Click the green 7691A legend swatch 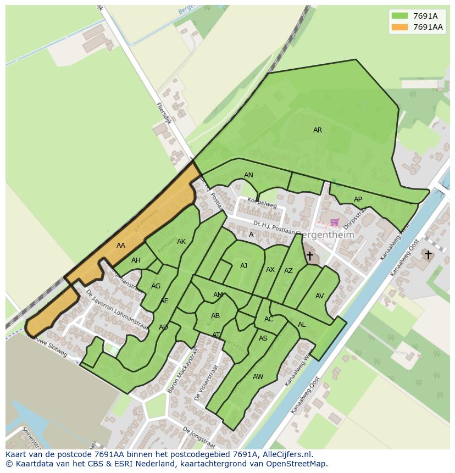[399, 16]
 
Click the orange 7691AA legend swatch [399, 27]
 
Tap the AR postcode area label [318, 130]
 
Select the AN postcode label [248, 175]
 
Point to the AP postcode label [358, 199]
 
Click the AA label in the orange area [121, 246]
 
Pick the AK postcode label [181, 242]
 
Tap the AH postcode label [136, 260]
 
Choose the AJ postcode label [243, 266]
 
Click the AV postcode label [319, 296]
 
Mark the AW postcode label [258, 377]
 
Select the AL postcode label [302, 325]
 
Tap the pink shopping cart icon [335, 222]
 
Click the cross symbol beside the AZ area [309, 256]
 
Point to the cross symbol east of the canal [428, 255]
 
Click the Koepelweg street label [262, 203]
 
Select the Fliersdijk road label [164, 113]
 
